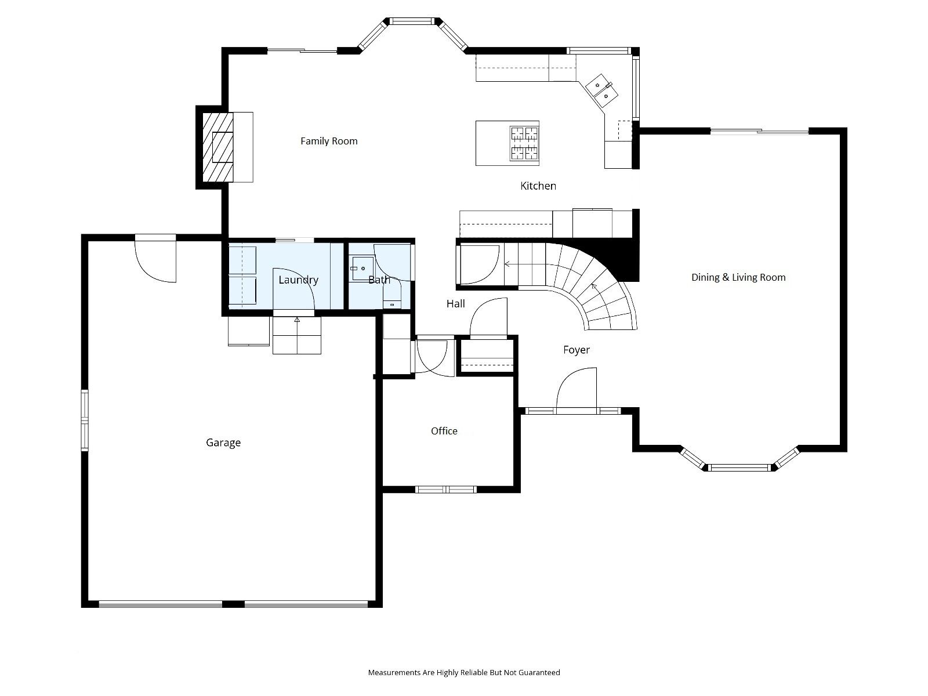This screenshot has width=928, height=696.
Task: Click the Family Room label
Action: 329,141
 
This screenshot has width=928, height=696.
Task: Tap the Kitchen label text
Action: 538,186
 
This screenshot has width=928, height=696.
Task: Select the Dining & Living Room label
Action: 738,278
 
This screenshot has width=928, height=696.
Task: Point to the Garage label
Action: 223,443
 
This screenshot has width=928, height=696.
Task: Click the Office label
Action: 444,431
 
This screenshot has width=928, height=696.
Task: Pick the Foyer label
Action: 577,350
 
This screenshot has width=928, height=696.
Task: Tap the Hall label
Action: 455,304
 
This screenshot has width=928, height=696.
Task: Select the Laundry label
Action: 298,280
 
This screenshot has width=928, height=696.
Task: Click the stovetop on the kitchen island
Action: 524,143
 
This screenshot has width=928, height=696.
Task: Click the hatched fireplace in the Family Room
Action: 218,147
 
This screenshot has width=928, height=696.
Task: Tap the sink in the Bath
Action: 363,268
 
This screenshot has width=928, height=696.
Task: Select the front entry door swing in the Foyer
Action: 577,390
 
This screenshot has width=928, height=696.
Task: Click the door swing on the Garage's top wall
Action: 155,259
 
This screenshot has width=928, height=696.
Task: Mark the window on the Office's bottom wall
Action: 445,490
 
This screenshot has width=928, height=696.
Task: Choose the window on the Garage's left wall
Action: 85,420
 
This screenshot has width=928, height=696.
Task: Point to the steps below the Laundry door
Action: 297,335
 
